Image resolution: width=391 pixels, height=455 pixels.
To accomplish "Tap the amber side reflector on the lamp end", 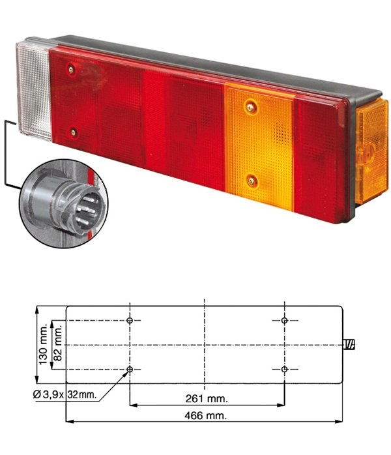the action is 372,151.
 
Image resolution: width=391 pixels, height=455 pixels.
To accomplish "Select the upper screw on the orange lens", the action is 251,108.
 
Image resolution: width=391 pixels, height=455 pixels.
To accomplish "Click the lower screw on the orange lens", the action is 252,182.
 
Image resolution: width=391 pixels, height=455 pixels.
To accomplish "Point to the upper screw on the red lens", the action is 71,69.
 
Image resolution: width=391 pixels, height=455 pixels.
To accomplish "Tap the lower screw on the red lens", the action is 74,132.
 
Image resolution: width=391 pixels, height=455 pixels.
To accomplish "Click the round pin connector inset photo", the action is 63,203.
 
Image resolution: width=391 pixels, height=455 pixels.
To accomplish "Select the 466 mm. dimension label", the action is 206,415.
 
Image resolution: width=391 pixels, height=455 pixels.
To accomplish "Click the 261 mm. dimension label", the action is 207,398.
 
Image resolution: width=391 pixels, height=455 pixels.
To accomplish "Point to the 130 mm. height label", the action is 43,344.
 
